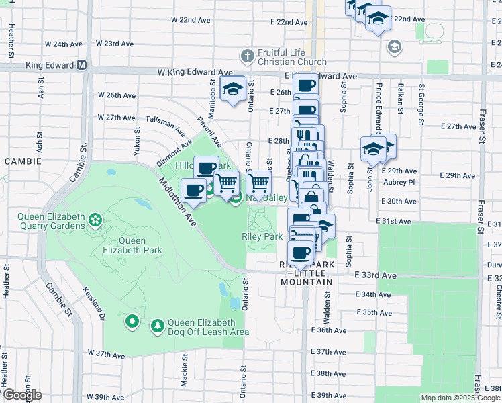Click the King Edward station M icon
[82, 66]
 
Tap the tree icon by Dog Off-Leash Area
[158, 326]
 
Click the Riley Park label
[262, 236]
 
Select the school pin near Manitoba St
[233, 89]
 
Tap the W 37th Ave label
[105, 353]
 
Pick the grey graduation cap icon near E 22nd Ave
[394, 46]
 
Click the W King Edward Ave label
[195, 73]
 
